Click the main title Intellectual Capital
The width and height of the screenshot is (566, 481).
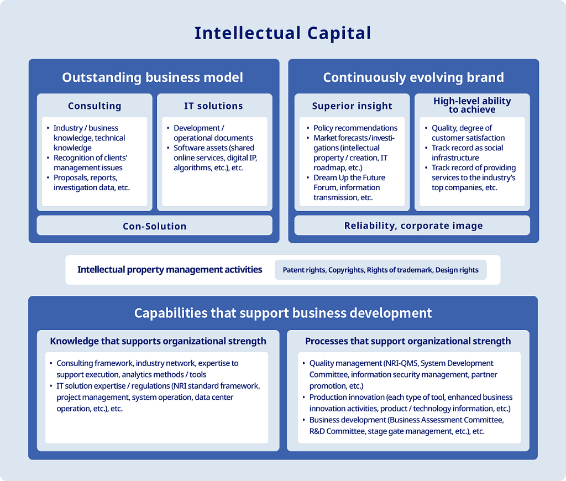[x=282, y=33]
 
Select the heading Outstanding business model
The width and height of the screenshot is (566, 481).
[x=153, y=77]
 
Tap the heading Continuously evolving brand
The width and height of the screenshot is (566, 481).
[x=413, y=77]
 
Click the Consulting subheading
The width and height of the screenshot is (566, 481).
[x=95, y=106]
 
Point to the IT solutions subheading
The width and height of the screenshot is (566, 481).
[x=213, y=106]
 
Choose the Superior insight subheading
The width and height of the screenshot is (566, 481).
[x=352, y=106]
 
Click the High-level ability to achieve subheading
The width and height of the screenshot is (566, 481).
[x=472, y=105]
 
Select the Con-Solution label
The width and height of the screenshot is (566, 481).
[x=155, y=226]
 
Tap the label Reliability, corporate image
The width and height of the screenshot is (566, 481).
[x=413, y=226]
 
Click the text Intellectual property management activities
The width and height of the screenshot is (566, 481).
[x=170, y=270]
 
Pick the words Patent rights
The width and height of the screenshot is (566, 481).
[x=303, y=270]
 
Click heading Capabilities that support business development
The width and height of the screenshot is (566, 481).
[x=283, y=313]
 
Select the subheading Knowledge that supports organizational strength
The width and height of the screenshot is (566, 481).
[x=158, y=341]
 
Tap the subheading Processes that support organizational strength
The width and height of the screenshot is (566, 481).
[x=408, y=341]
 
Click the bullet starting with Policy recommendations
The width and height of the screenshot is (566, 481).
[x=355, y=128]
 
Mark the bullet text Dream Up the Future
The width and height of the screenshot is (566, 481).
[x=349, y=178]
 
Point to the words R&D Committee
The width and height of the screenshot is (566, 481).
[x=337, y=431]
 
